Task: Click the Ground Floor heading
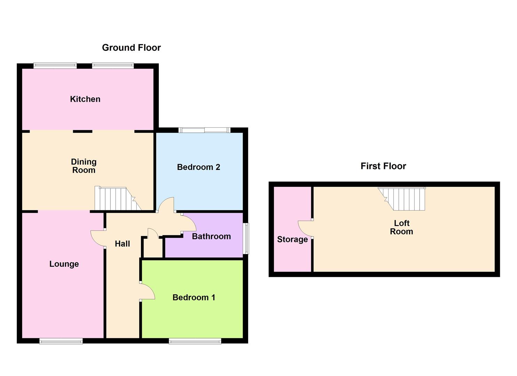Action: [x=131, y=48]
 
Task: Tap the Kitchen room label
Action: [x=85, y=99]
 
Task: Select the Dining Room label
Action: [x=84, y=166]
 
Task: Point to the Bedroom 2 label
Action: [x=198, y=167]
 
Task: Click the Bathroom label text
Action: [x=211, y=236]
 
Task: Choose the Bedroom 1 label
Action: [x=194, y=297]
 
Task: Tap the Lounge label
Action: [x=64, y=264]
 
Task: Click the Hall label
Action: [x=122, y=244]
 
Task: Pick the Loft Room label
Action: [x=402, y=227]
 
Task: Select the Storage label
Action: [x=292, y=240]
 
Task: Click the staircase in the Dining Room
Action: [x=118, y=198]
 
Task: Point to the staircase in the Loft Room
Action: [x=402, y=198]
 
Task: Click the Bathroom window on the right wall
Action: [x=247, y=238]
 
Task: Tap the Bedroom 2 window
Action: [x=204, y=130]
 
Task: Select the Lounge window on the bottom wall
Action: [x=61, y=341]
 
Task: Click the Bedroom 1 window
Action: [x=195, y=341]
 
